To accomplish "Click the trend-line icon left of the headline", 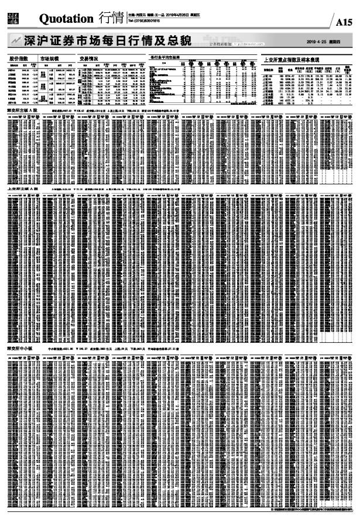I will (15, 41).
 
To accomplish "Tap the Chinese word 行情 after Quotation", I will (111, 19).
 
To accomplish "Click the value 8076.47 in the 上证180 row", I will (290, 76).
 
